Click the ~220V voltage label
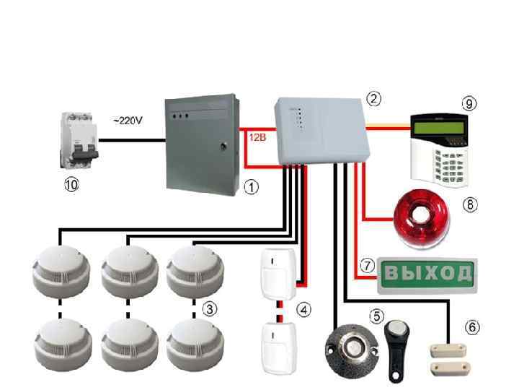pyautogui.click(x=128, y=120)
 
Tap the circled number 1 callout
pyautogui.click(x=251, y=186)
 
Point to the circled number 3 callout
pyautogui.click(x=209, y=309)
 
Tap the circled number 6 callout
pyautogui.click(x=472, y=327)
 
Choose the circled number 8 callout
pyautogui.click(x=469, y=204)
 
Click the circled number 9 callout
pyautogui.click(x=469, y=103)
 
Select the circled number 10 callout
pyautogui.click(x=71, y=185)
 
